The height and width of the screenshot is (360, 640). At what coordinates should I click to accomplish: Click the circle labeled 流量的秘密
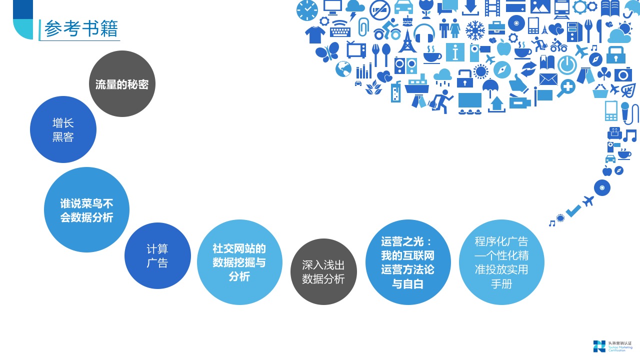[122, 84]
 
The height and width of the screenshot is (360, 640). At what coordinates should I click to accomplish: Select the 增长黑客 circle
[63, 129]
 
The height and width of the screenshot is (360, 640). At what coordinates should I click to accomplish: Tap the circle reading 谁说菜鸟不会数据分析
[86, 210]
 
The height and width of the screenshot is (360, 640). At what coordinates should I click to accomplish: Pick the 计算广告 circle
[157, 255]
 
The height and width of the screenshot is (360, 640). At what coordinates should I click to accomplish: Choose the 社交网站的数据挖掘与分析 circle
[239, 262]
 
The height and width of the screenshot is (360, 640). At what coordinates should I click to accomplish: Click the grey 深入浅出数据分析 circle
[323, 271]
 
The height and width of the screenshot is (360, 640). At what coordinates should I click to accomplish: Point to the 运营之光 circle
[407, 262]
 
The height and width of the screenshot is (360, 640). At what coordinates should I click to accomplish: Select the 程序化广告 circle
[501, 262]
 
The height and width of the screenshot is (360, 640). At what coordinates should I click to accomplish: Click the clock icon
[307, 10]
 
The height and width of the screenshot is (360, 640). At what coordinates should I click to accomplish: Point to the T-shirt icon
[315, 34]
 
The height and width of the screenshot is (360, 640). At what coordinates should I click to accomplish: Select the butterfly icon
[327, 51]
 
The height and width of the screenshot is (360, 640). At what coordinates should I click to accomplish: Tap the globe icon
[343, 69]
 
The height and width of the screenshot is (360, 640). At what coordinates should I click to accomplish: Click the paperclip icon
[363, 25]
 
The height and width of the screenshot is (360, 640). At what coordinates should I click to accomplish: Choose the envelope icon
[548, 79]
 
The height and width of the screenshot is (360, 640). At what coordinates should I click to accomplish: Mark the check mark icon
[573, 211]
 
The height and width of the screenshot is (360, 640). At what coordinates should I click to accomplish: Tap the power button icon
[567, 65]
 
